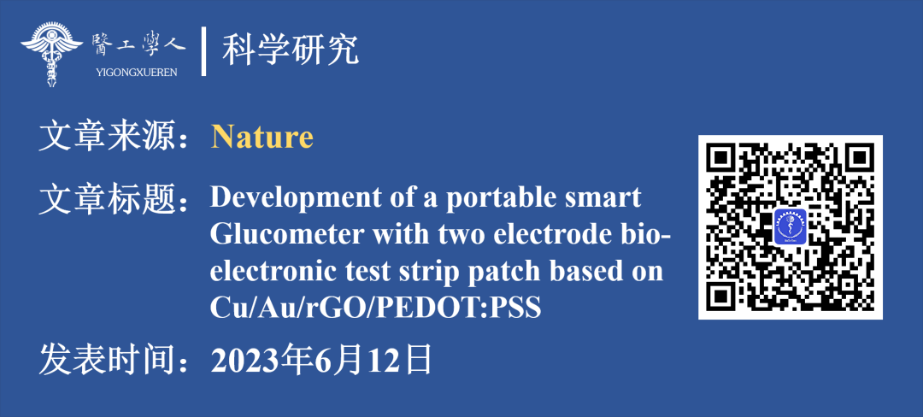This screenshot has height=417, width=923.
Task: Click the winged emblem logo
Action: tap(51, 54)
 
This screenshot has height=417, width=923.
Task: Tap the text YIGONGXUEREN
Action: tap(136, 73)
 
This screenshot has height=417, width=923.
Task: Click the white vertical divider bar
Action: tap(203, 51)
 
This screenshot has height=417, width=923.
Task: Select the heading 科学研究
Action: tap(291, 50)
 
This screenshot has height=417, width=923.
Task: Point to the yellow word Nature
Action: tap(262, 137)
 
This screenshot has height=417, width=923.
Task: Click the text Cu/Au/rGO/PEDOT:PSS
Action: tap(375, 308)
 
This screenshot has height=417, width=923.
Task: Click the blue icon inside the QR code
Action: tap(790, 226)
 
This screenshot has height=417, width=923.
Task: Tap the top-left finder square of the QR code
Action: tap(724, 160)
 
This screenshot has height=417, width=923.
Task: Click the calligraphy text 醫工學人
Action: tap(138, 44)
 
